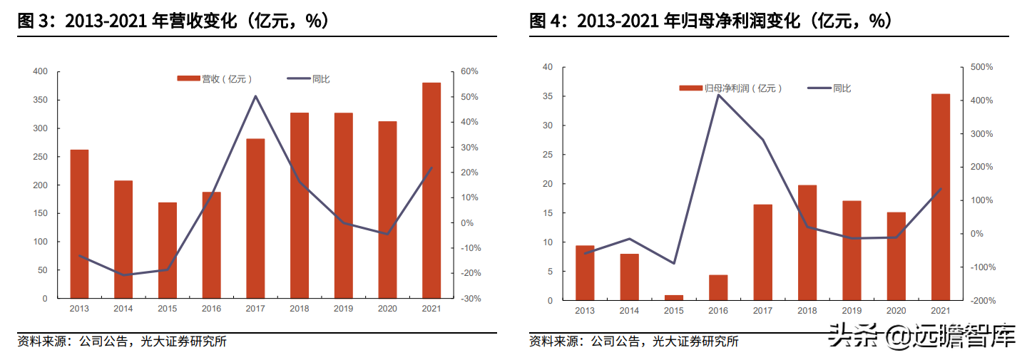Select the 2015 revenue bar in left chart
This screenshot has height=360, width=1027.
click(x=168, y=250)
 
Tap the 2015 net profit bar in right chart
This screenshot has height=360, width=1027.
click(x=674, y=297)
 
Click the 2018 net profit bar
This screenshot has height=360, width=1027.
click(x=807, y=242)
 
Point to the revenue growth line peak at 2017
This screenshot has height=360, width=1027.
click(x=255, y=96)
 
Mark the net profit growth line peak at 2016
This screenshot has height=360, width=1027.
click(x=718, y=95)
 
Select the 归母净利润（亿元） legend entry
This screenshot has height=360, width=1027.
click(x=731, y=88)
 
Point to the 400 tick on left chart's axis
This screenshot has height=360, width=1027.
click(x=41, y=71)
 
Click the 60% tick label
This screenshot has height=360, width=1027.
click(x=468, y=71)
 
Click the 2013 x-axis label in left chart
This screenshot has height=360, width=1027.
click(x=79, y=309)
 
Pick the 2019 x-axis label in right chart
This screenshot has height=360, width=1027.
click(x=852, y=311)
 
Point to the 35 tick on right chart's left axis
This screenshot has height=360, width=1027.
click(x=548, y=96)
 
